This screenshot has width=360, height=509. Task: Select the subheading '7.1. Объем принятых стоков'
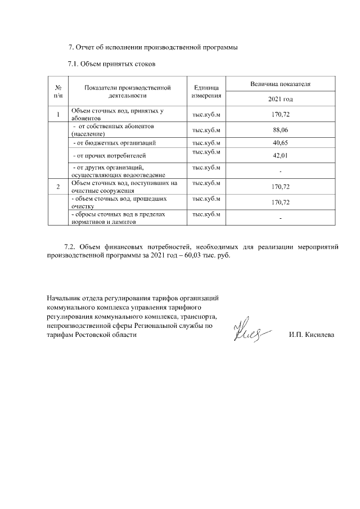click(111, 64)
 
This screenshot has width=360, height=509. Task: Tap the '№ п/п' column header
click(58, 91)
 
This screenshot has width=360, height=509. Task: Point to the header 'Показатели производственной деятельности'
click(127, 91)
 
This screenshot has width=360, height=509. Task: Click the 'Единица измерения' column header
click(206, 91)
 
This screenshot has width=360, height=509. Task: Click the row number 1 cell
click(58, 115)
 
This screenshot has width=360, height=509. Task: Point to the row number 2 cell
click(58, 186)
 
